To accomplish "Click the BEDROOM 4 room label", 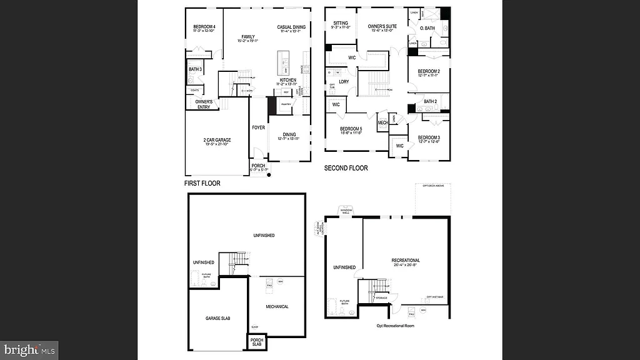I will (204, 26).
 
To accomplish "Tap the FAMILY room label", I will (248, 37).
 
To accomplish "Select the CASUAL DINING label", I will (291, 27).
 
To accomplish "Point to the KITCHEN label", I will (287, 80).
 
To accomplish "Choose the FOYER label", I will (258, 127).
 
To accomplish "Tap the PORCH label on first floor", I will (258, 166).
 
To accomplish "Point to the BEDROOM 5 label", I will (352, 129).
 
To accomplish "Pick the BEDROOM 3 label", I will (429, 137).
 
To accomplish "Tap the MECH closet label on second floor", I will (382, 123).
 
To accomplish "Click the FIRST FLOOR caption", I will (202, 184).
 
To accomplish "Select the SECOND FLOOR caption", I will (346, 168).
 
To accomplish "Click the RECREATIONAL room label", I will (406, 260).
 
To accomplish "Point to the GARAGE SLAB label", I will (218, 318).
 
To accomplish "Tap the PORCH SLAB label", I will (256, 342).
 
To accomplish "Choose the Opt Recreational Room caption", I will (395, 326).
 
